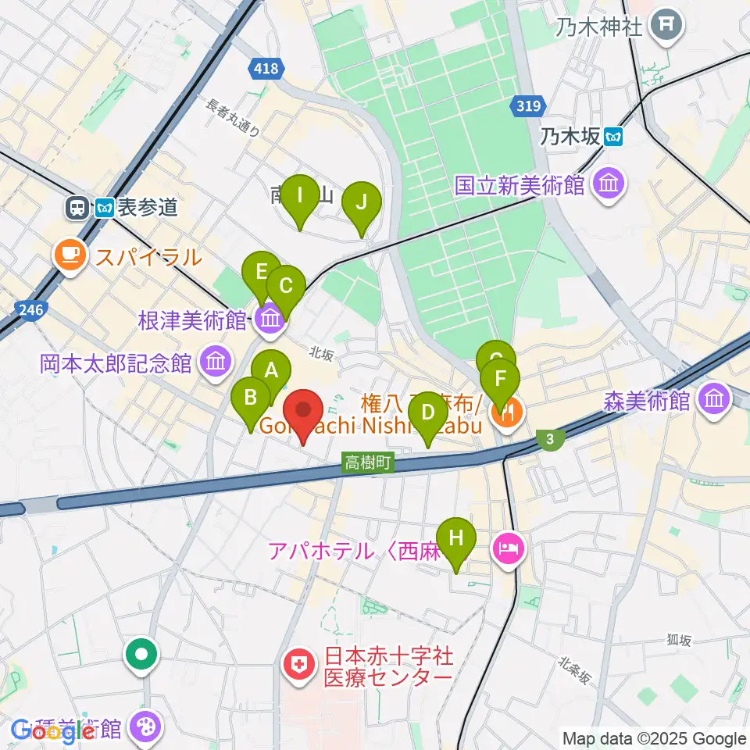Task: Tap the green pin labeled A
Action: (x=271, y=371)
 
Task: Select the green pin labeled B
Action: (x=251, y=398)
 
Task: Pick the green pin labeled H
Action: (x=456, y=538)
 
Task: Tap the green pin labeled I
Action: (x=300, y=195)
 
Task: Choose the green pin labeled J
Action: (x=361, y=202)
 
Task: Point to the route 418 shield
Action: (x=265, y=70)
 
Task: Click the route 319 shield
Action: (x=529, y=105)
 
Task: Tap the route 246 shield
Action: (x=29, y=311)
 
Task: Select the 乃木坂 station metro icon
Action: (x=615, y=137)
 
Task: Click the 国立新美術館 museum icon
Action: (x=607, y=185)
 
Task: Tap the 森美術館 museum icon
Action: (x=713, y=400)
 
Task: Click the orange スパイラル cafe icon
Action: (x=70, y=255)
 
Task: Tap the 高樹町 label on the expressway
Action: (x=367, y=463)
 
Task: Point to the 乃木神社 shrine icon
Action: (x=666, y=26)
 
